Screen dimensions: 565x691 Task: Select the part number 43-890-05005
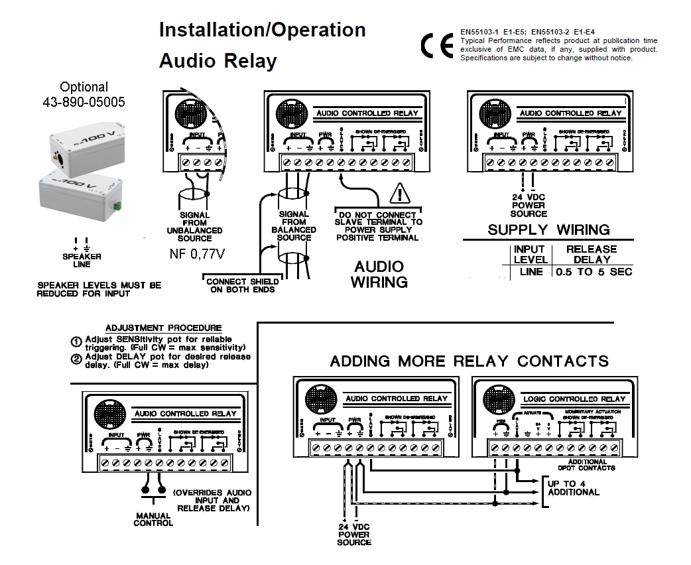(84, 102)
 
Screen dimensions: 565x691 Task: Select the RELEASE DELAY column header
(592, 254)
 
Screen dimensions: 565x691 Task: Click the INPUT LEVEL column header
(531, 254)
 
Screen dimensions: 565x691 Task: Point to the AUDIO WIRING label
(378, 274)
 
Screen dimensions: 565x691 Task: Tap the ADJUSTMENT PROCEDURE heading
(164, 328)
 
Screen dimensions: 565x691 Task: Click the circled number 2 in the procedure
(76, 359)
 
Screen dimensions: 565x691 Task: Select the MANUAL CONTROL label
(153, 519)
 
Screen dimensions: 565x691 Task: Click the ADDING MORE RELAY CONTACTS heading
(469, 361)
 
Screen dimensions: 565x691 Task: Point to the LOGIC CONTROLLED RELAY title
(574, 399)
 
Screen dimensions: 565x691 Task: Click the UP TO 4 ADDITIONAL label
(574, 487)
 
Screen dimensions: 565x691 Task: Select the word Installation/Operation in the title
(262, 30)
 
